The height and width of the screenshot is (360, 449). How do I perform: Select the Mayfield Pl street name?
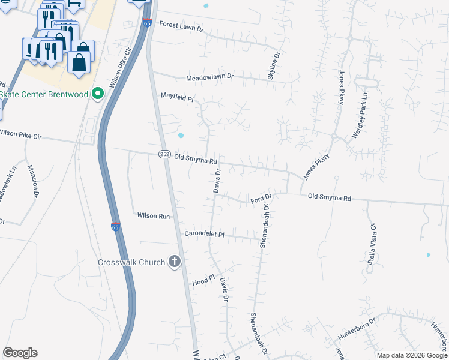177,96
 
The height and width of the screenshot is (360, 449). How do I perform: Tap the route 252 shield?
164,154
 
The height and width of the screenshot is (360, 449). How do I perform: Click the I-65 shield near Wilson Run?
115,227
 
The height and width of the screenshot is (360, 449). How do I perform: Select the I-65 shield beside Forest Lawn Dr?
147,23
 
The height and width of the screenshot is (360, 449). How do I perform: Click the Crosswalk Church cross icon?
175,262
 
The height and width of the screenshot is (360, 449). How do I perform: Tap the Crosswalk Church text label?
133,262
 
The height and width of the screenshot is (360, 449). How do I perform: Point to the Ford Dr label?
261,197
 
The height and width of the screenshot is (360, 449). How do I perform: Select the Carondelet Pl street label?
204,234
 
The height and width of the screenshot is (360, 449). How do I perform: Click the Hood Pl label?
203,280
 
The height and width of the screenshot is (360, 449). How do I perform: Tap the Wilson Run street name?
154,215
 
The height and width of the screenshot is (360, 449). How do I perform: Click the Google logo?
20,353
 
